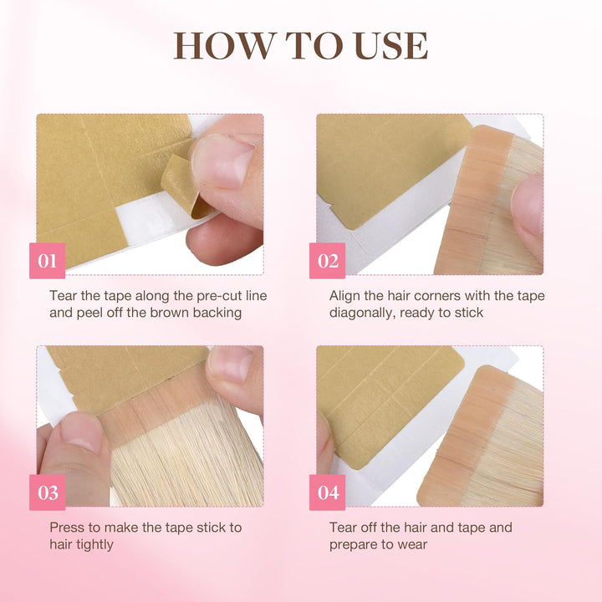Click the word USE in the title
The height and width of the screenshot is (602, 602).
[389, 46]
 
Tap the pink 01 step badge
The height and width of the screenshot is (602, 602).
[48, 261]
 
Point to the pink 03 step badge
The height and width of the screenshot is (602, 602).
[48, 492]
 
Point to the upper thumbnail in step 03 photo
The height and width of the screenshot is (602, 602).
[231, 364]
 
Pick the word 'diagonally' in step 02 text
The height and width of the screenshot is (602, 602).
[362, 313]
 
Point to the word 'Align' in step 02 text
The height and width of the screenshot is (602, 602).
[346, 296]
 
